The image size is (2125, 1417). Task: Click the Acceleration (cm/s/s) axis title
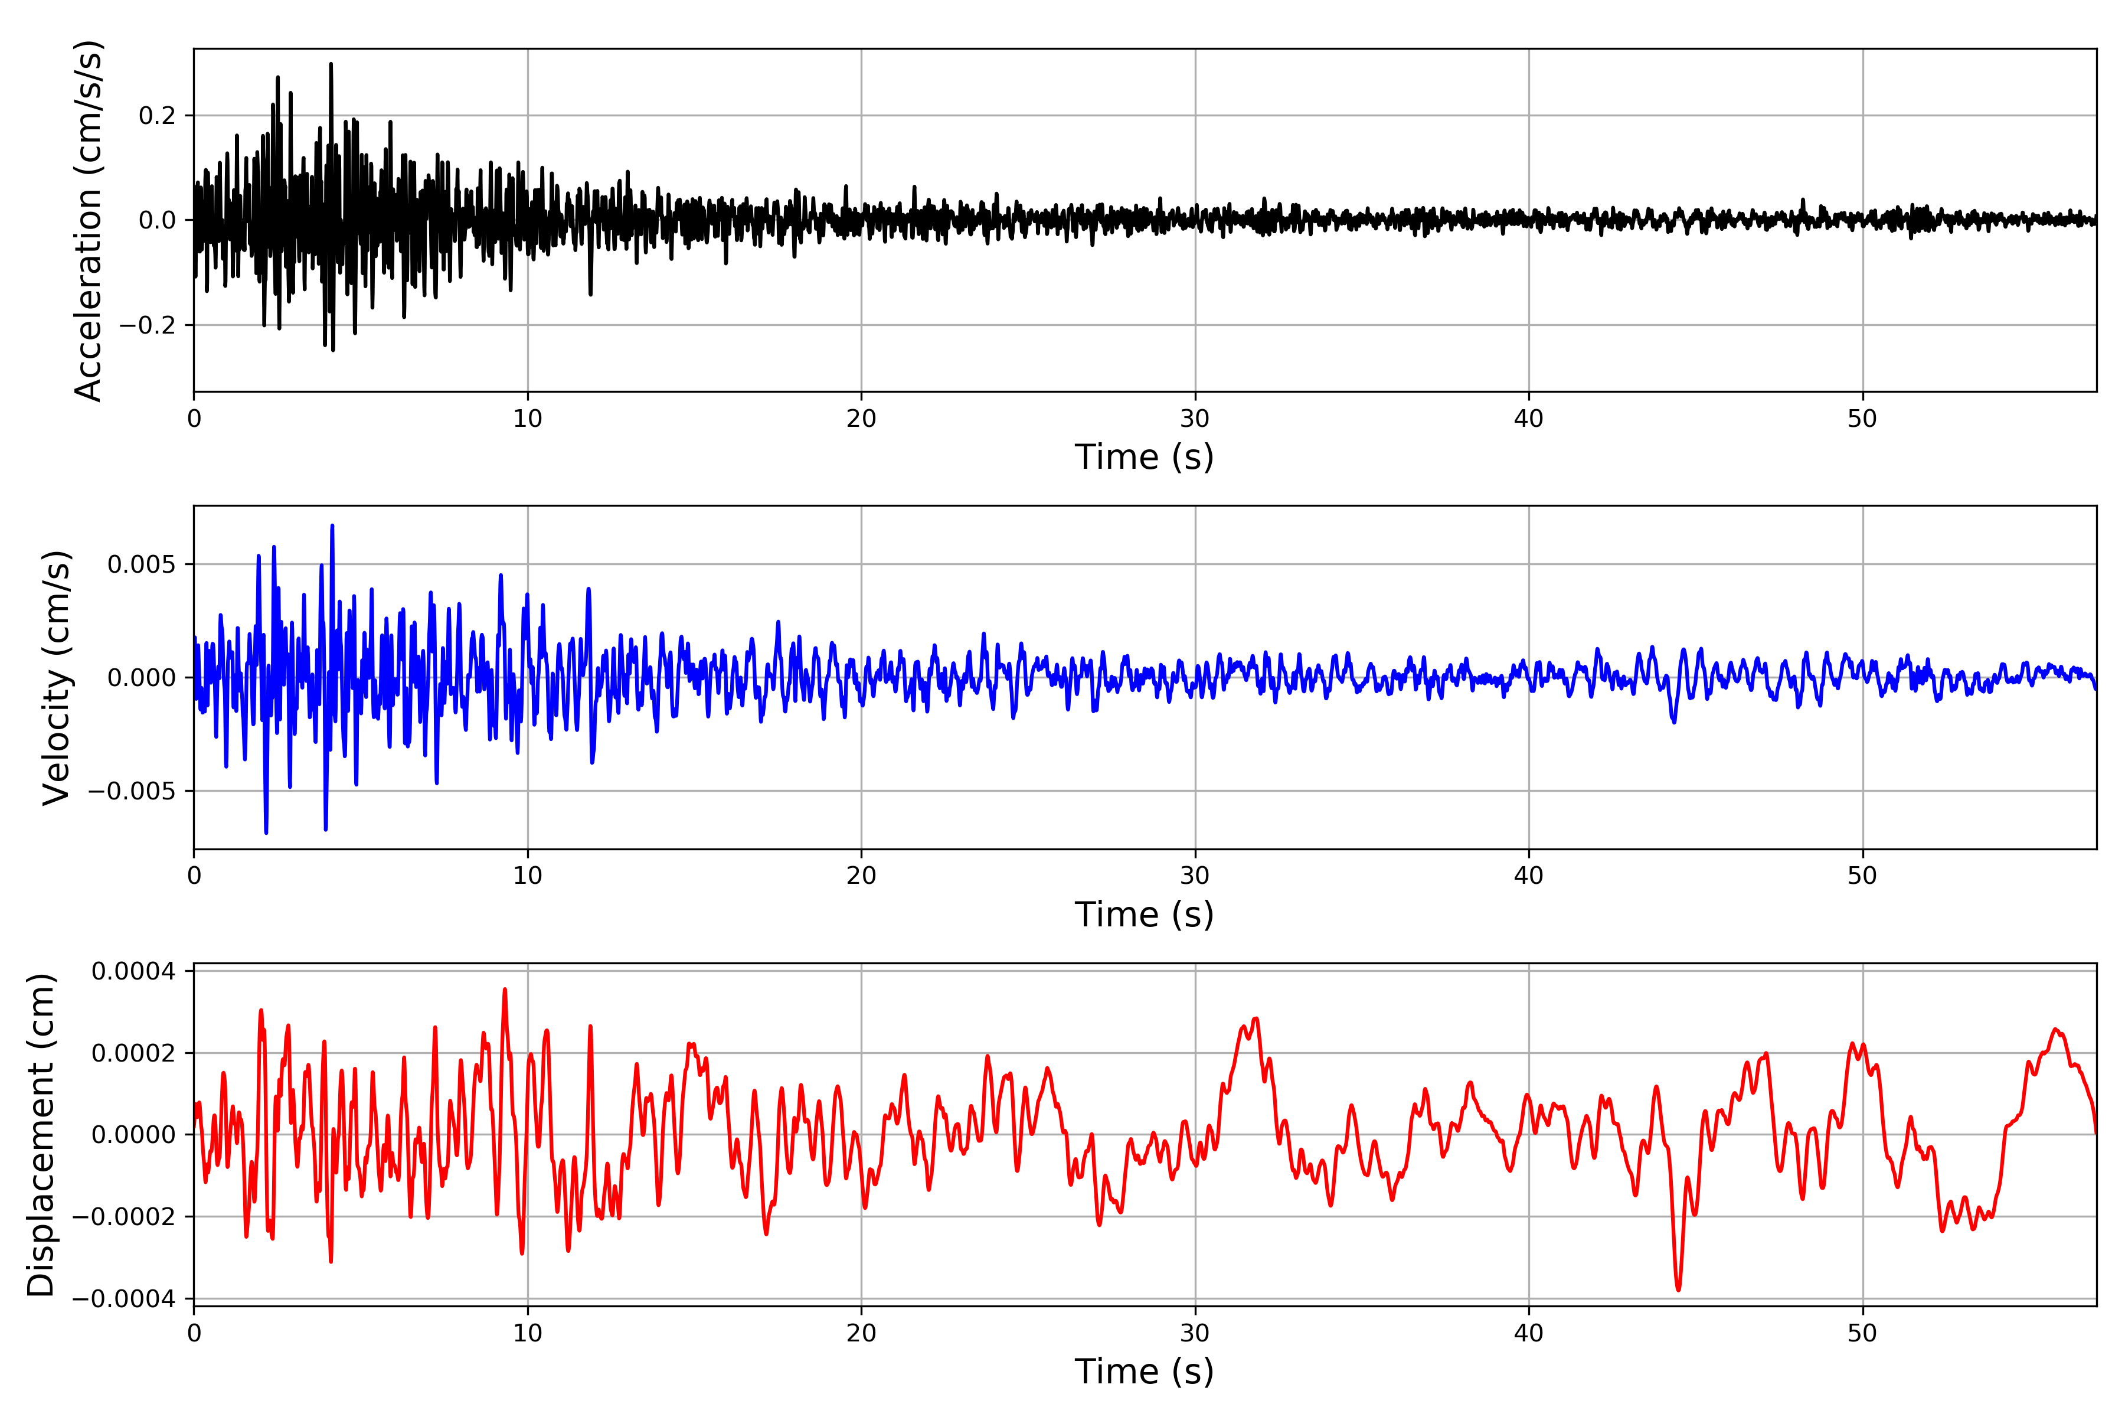pyautogui.click(x=89, y=220)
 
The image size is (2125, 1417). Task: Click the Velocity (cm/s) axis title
pyautogui.click(x=56, y=678)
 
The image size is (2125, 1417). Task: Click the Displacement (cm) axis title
pyautogui.click(x=41, y=1135)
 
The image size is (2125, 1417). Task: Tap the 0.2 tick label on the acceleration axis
pyautogui.click(x=157, y=116)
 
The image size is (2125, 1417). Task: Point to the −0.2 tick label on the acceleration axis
pyautogui.click(x=147, y=325)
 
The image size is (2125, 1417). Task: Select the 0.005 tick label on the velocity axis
pyautogui.click(x=141, y=565)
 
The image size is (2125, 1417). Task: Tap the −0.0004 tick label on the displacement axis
pyautogui.click(x=124, y=1300)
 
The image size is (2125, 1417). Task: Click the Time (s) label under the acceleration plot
pyautogui.click(x=1144, y=457)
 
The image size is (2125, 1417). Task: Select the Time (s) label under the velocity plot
pyautogui.click(x=1144, y=915)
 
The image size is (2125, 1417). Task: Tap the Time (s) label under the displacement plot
pyautogui.click(x=1144, y=1372)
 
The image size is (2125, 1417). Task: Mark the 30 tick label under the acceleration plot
pyautogui.click(x=1194, y=419)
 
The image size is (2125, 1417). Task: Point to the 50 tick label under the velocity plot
pyautogui.click(x=1862, y=876)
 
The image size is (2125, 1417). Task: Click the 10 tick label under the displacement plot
pyautogui.click(x=528, y=1333)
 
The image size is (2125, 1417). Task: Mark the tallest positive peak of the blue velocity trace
pyautogui.click(x=332, y=525)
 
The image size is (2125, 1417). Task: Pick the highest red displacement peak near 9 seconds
pyautogui.click(x=505, y=990)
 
